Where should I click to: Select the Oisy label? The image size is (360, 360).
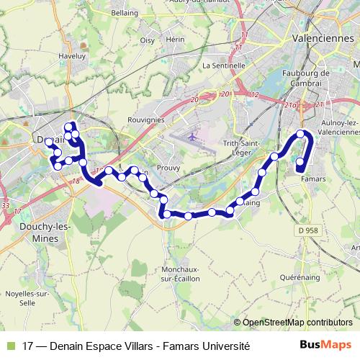pos(148,40)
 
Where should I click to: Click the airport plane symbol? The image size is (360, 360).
pos(192,136)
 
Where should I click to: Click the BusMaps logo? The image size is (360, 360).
pos(325,345)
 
